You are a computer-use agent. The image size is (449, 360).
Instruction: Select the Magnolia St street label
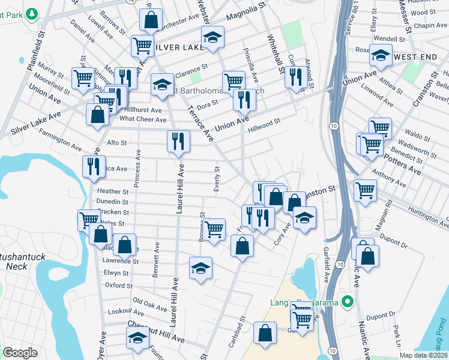tap(246, 12)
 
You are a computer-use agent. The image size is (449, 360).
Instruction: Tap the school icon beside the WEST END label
tap(380, 56)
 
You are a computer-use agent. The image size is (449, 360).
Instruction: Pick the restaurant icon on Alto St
tap(178, 141)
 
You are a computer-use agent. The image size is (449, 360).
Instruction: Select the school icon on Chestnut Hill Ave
tap(137, 338)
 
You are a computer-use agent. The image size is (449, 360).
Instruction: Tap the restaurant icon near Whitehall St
tap(295, 77)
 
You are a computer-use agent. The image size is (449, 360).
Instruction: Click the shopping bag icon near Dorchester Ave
tap(151, 19)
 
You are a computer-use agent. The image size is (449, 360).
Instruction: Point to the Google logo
tap(20, 352)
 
